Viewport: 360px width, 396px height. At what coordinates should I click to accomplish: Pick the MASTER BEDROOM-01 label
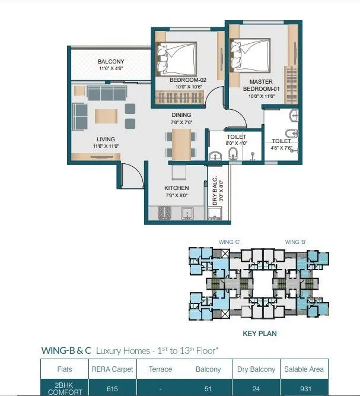[261, 85]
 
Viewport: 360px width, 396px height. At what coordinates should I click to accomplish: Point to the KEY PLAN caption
[260, 334]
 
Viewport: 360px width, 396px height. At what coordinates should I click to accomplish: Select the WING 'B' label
[295, 242]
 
